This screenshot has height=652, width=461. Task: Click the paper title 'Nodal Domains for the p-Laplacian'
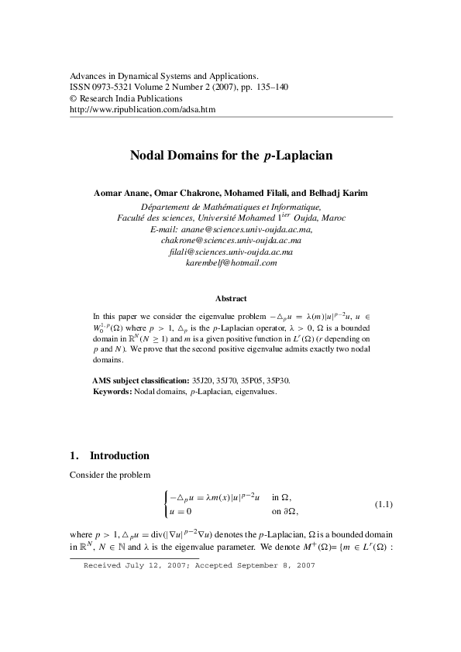pyautogui.click(x=230, y=156)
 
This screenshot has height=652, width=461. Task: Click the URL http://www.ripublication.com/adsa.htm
pyautogui.click(x=143, y=110)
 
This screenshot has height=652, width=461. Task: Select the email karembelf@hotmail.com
pyautogui.click(x=231, y=263)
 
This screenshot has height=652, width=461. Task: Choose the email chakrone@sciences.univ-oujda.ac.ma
pyautogui.click(x=231, y=241)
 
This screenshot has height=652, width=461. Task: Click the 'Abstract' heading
pyautogui.click(x=231, y=298)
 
